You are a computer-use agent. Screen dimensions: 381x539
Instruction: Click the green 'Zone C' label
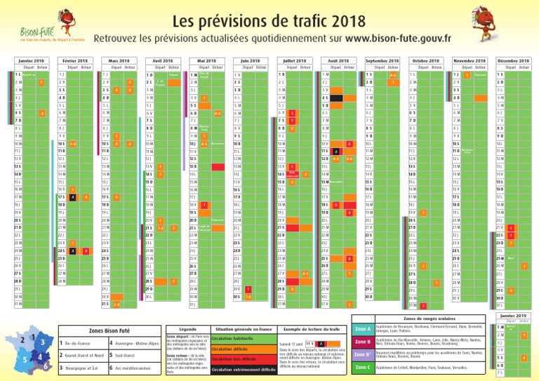[x=364, y=368]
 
